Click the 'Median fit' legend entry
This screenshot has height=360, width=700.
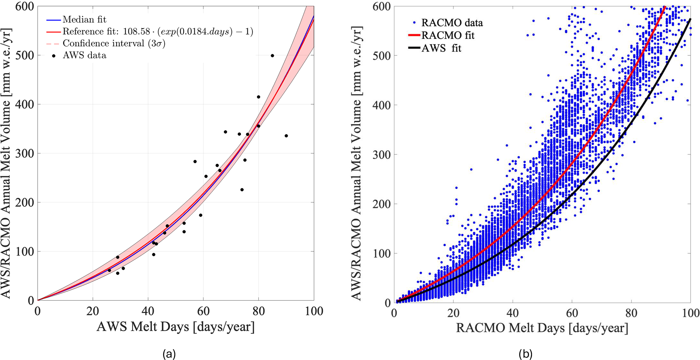(84, 20)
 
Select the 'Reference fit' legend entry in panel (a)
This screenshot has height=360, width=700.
(157, 31)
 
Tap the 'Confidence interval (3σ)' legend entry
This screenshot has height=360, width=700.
(114, 43)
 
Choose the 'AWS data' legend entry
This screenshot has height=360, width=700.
(84, 55)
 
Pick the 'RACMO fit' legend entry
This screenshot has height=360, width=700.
(448, 35)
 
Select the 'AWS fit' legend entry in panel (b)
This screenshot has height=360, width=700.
(441, 48)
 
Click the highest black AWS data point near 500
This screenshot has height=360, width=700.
(272, 56)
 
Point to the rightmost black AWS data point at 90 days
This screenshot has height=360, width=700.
(286, 136)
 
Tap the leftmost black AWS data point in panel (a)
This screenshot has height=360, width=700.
(109, 270)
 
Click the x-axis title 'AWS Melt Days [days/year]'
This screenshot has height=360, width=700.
(175, 327)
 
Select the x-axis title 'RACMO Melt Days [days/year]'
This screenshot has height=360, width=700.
(542, 328)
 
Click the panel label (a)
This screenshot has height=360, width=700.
(169, 354)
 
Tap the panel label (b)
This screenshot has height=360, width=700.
(525, 354)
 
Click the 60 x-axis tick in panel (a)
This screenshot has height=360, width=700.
(203, 311)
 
